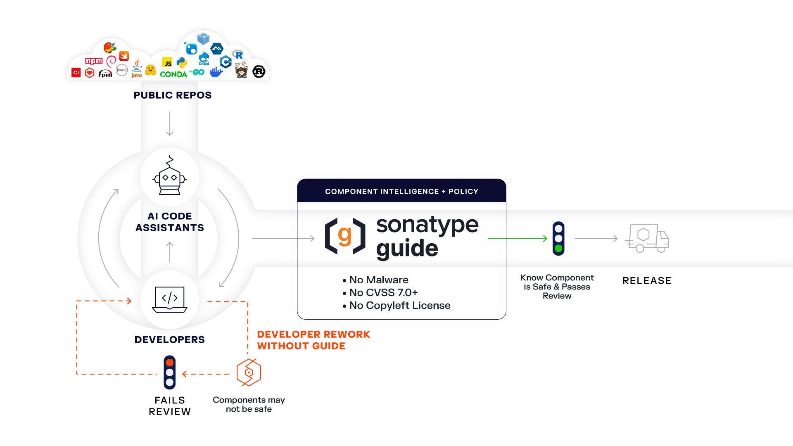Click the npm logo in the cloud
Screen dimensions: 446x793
(x=94, y=61)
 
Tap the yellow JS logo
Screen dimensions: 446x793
(x=167, y=63)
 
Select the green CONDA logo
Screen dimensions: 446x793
(x=173, y=74)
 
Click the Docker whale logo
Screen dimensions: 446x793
(x=216, y=73)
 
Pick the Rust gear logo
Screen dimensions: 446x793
(x=259, y=72)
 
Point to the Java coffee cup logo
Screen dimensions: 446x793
(x=137, y=69)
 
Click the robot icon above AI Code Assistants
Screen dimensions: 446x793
(x=170, y=176)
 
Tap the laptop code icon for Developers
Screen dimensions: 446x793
(x=170, y=299)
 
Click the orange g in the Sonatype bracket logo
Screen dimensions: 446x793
(x=344, y=235)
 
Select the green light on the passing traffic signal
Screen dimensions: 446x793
(x=558, y=249)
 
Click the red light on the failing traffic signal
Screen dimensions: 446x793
(x=169, y=363)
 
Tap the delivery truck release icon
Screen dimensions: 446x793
(x=647, y=238)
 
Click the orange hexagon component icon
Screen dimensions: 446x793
(x=249, y=372)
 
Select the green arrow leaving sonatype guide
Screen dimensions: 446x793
(x=518, y=238)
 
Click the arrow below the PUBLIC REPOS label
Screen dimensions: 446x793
(x=169, y=123)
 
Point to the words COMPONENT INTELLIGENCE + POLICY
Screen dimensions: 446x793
(x=401, y=192)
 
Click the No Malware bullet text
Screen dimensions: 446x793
(x=378, y=280)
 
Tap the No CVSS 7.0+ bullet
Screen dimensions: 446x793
(x=383, y=293)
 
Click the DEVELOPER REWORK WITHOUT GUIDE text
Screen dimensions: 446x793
(x=313, y=340)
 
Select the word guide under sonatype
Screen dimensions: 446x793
(x=407, y=249)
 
